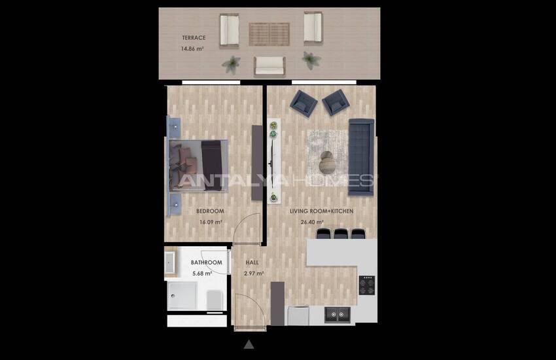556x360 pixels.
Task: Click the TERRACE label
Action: (x=193, y=38)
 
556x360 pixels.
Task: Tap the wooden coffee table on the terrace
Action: (x=269, y=33)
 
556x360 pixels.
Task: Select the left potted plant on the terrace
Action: (x=231, y=63)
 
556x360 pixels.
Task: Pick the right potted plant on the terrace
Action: (x=311, y=60)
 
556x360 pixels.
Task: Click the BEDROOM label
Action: (x=210, y=211)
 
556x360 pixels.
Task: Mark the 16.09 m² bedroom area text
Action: (x=211, y=222)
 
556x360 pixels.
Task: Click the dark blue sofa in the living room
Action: (x=360, y=156)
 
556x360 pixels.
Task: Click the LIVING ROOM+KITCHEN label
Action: (x=321, y=211)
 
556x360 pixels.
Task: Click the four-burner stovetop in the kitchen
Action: (x=367, y=285)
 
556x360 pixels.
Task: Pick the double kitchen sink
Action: (x=338, y=315)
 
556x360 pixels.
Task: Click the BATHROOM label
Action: (x=206, y=262)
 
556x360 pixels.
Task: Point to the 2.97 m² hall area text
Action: (x=254, y=274)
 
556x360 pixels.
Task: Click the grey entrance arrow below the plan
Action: (x=249, y=344)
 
